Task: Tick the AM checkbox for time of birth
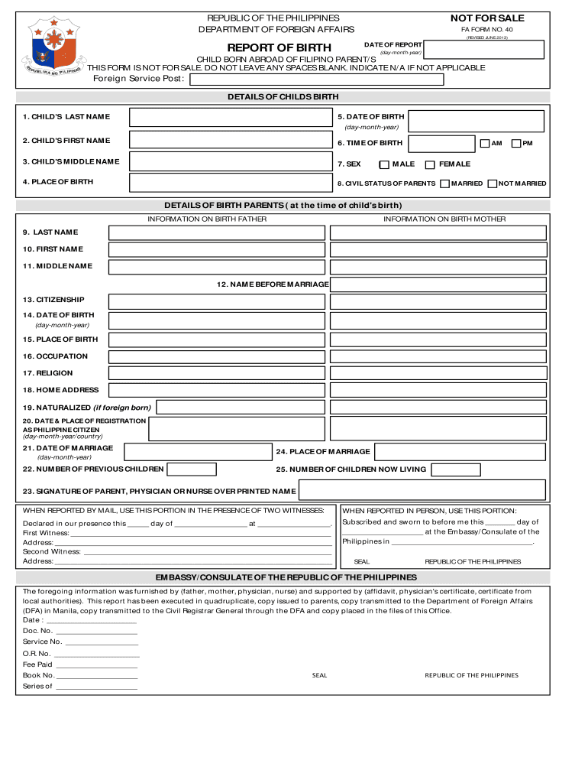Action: [x=484, y=143]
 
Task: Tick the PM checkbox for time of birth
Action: [x=516, y=143]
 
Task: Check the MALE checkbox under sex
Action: [x=384, y=164]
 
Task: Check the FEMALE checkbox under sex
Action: [x=430, y=164]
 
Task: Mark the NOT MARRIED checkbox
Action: [x=493, y=184]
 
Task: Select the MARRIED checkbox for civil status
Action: [x=444, y=184]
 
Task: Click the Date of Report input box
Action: [x=484, y=50]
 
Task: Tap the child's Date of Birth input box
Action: [x=477, y=121]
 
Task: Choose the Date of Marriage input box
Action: [x=198, y=451]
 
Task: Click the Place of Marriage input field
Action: [x=460, y=451]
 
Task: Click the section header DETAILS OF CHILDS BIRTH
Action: [x=283, y=97]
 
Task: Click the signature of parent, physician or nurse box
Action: [x=422, y=490]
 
